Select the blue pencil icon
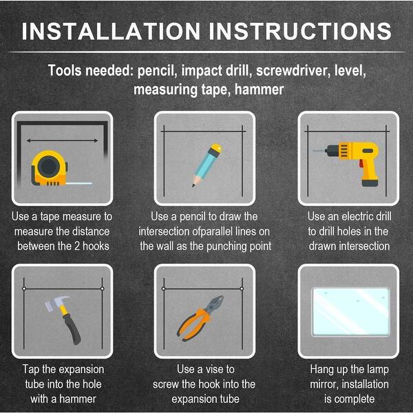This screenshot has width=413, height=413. pos(205,164)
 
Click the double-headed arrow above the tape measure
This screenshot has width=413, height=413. pos(62,140)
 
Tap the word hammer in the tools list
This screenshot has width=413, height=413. pos(257,89)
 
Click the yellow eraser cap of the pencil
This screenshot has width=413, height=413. pos(215,147)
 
